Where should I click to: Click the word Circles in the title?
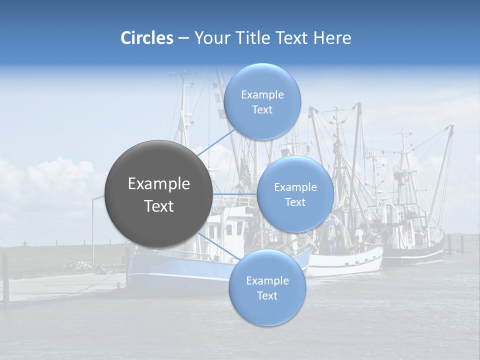pyautogui.click(x=146, y=38)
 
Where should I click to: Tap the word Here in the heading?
pyautogui.click(x=332, y=38)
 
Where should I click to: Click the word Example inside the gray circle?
pyautogui.click(x=158, y=184)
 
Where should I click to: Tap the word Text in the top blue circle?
pyautogui.click(x=262, y=110)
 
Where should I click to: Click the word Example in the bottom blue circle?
pyautogui.click(x=267, y=280)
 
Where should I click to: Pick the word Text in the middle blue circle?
pyautogui.click(x=295, y=202)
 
